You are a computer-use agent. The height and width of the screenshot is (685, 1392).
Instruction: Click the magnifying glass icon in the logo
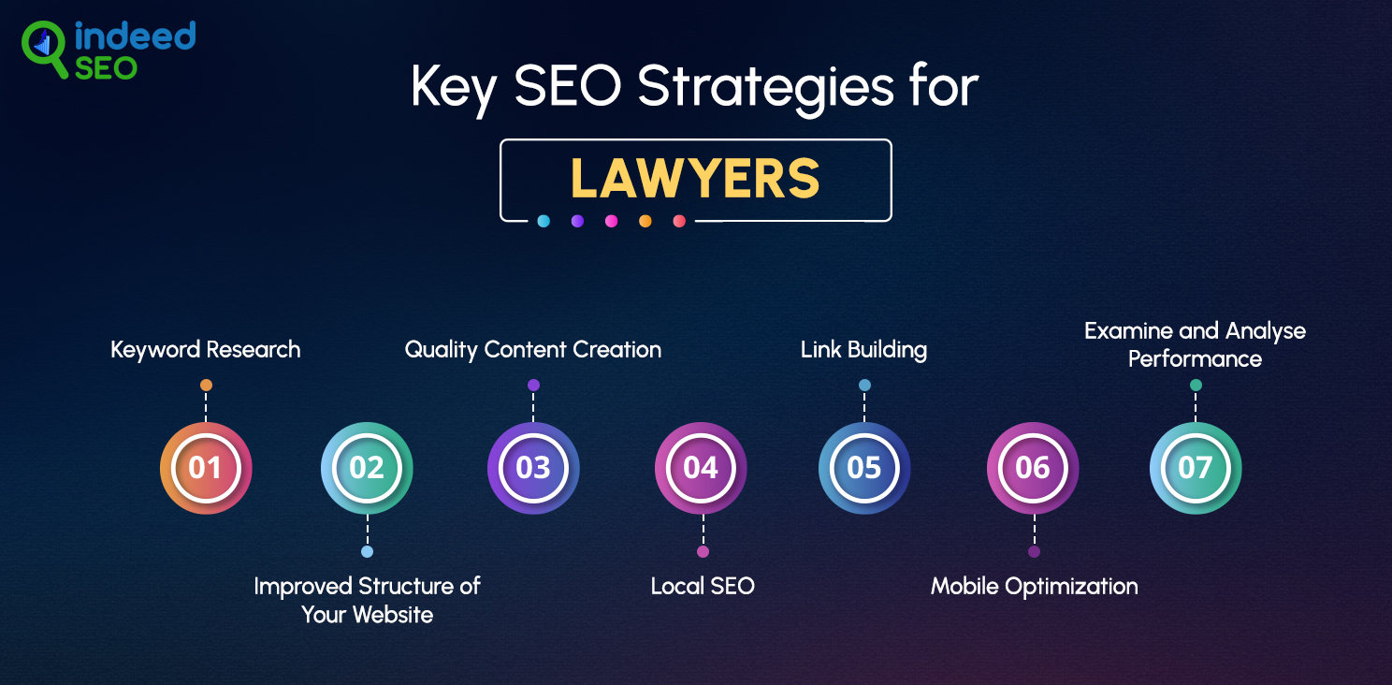pos(43,49)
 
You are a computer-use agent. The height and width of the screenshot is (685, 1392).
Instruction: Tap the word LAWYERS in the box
pos(695,179)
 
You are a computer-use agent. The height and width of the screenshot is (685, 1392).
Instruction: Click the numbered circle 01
pos(206,468)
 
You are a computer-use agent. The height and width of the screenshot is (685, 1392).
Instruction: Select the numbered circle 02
pos(367,468)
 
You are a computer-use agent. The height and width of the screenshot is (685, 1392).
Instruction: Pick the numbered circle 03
pos(533,468)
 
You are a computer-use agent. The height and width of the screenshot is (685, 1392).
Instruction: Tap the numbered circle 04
pos(701,468)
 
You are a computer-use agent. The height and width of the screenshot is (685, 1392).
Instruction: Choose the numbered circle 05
pos(864,468)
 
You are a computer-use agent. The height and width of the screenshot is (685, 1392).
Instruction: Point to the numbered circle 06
pos(1033,468)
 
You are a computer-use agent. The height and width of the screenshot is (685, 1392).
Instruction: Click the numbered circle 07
pos(1196,468)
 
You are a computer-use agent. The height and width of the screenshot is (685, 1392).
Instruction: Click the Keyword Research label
pos(206,350)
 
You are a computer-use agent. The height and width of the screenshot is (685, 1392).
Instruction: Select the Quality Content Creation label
pos(533,350)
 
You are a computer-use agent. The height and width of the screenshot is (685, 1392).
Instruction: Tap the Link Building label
pos(863,350)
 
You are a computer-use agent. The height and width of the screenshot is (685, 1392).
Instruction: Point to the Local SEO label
pos(703,586)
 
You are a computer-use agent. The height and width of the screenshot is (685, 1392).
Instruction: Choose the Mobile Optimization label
pos(1034,587)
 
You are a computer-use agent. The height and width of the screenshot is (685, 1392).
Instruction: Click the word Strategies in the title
pos(765,87)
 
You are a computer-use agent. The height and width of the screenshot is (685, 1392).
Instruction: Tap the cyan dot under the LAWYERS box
pos(544,221)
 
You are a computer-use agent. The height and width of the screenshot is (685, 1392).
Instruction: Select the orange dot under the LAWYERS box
pos(645,221)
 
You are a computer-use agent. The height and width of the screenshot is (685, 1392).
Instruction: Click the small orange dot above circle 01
pos(207,386)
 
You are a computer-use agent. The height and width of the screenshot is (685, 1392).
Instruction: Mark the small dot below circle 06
pos(1034,551)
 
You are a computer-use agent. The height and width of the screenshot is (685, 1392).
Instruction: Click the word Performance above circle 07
pos(1195,359)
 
